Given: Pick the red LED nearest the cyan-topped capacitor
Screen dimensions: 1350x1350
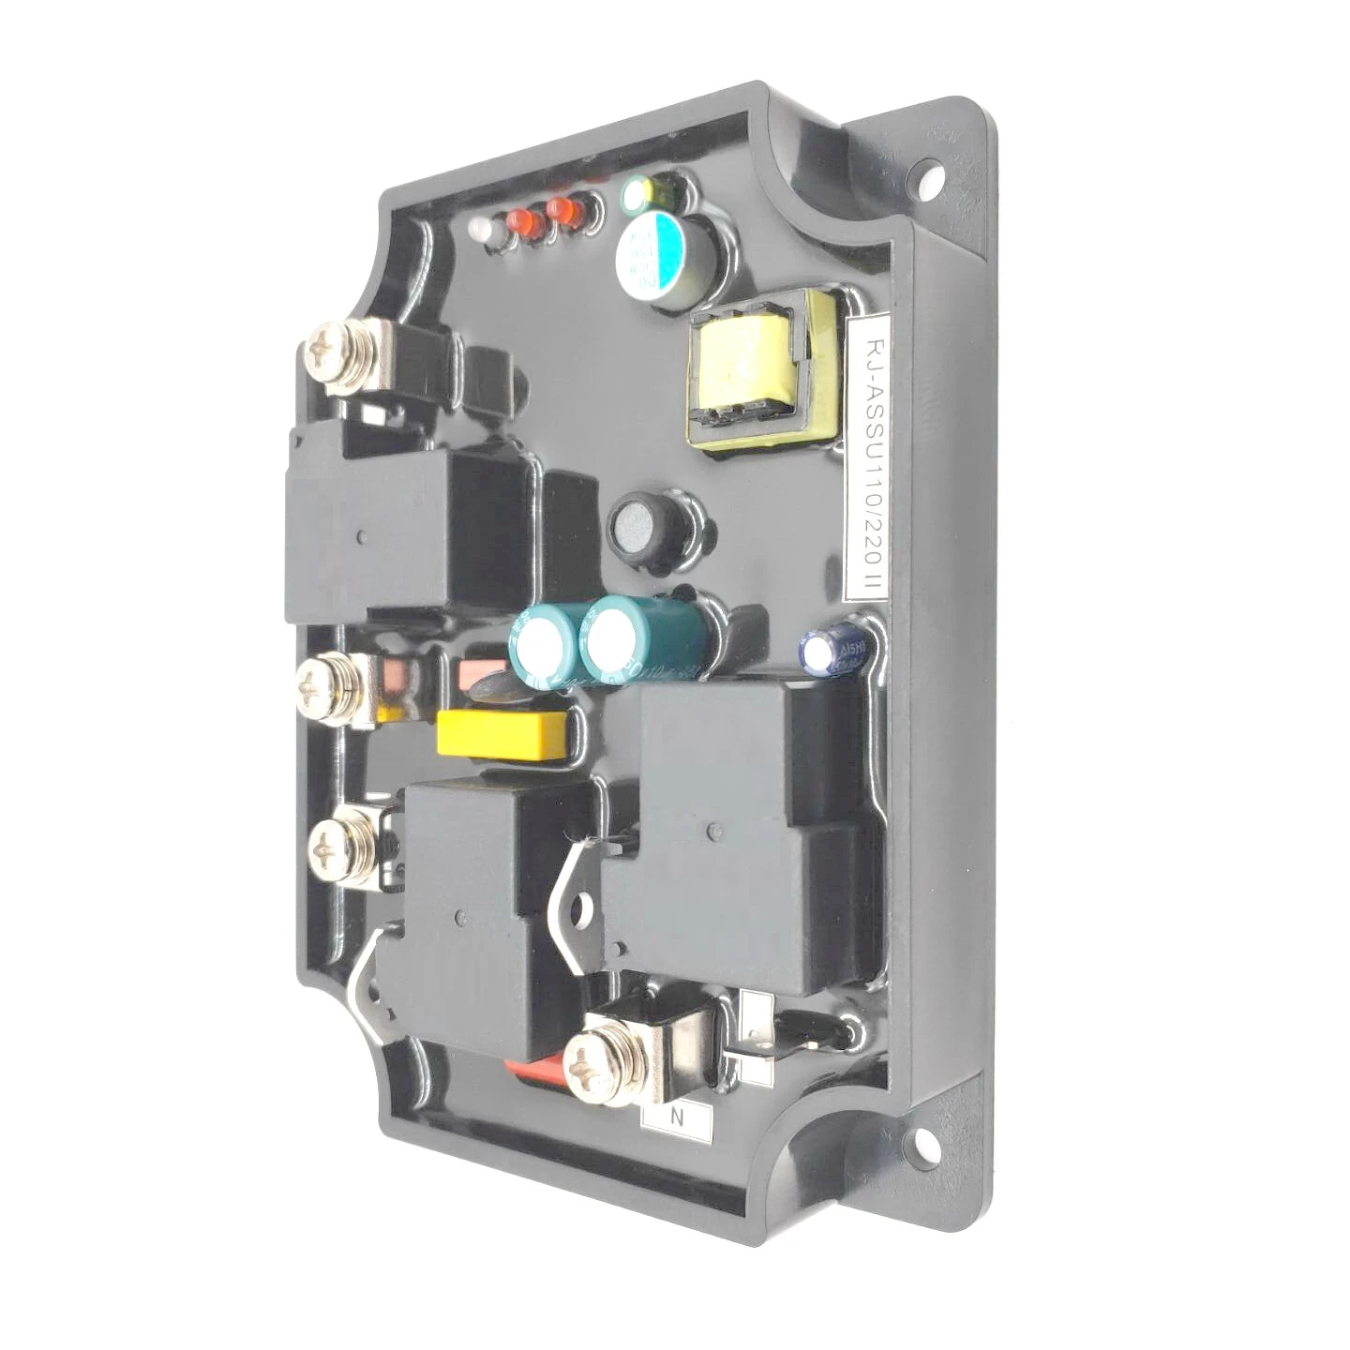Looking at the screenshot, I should tap(563, 210).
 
